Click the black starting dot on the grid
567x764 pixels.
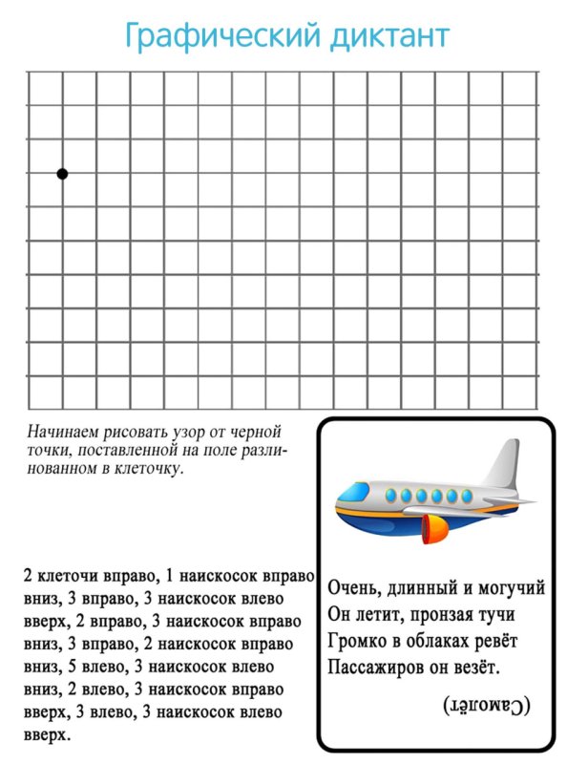click(62, 174)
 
